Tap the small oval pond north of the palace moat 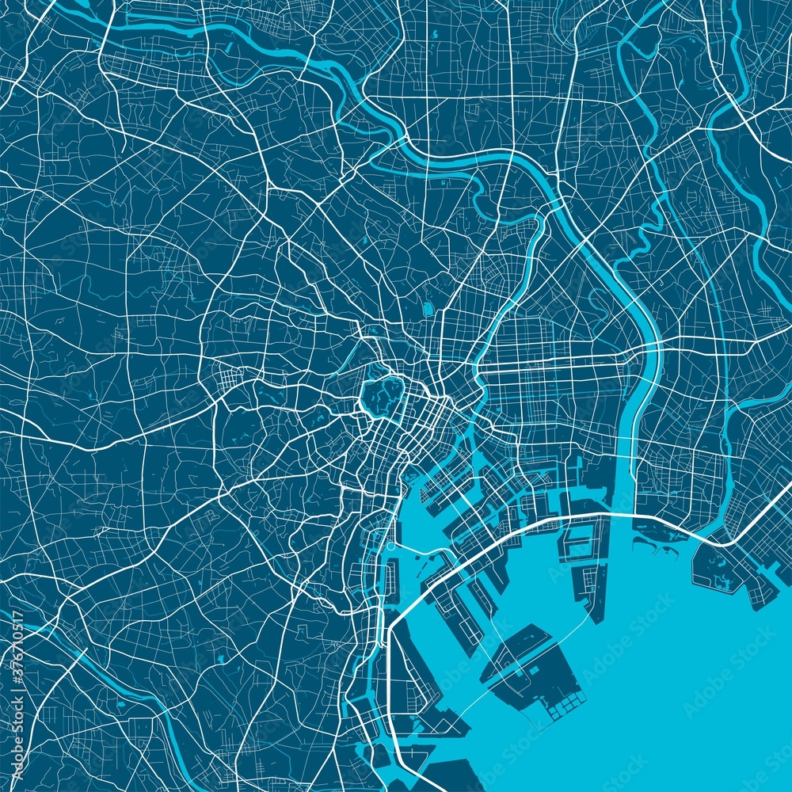[x=428, y=307]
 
